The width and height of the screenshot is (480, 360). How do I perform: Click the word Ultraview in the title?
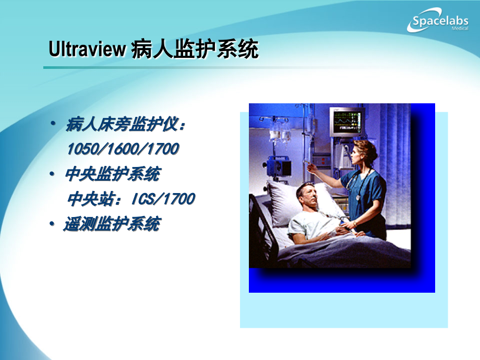pos(87,50)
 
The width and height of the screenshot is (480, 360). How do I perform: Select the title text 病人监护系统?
pos(194,50)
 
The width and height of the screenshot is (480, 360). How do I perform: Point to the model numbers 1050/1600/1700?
pos(123,150)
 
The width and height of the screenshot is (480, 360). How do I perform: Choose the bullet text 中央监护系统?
pos(112,174)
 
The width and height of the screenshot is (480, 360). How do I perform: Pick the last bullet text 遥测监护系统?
pos(112,224)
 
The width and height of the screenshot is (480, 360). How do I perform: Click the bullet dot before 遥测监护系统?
pos(52,224)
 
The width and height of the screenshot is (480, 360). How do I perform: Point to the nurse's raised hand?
pos(311,168)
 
